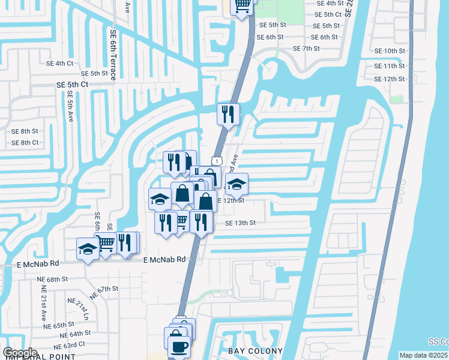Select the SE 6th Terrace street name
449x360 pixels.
pos(113,53)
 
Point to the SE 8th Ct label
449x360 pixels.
pos(25,142)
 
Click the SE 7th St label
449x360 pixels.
pos(307,48)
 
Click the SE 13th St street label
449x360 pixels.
pos(240,223)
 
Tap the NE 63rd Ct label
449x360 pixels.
pos(67,347)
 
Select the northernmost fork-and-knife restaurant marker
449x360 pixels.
pos(228,113)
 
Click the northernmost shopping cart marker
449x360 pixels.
pos(243,5)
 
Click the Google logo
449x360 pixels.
pos(20,353)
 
